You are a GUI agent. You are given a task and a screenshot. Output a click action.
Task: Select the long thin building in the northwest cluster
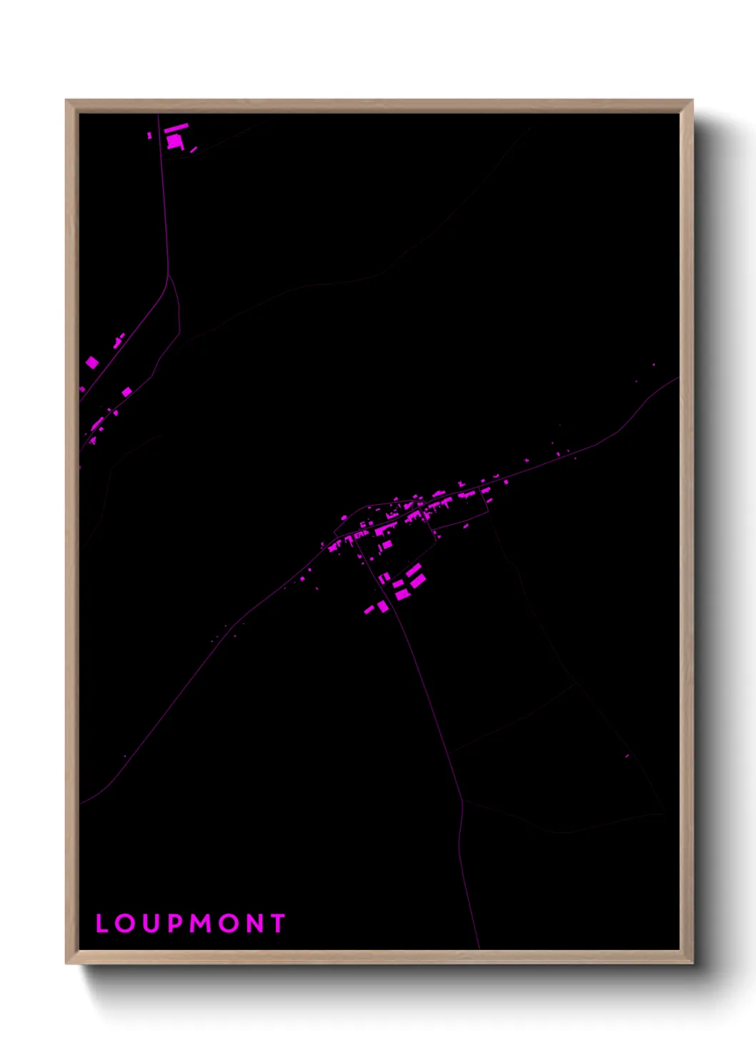point(176,128)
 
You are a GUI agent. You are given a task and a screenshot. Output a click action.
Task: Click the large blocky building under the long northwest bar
point(174,141)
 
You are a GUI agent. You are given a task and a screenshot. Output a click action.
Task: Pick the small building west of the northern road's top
point(149,135)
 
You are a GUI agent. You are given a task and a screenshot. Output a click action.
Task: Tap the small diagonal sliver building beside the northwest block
point(193,150)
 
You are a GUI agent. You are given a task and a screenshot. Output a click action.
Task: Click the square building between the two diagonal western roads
point(126,391)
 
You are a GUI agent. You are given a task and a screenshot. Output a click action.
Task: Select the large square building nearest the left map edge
point(92,363)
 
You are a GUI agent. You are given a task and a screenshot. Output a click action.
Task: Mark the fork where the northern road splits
point(169,275)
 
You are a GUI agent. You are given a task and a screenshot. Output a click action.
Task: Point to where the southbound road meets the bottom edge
point(479,948)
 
